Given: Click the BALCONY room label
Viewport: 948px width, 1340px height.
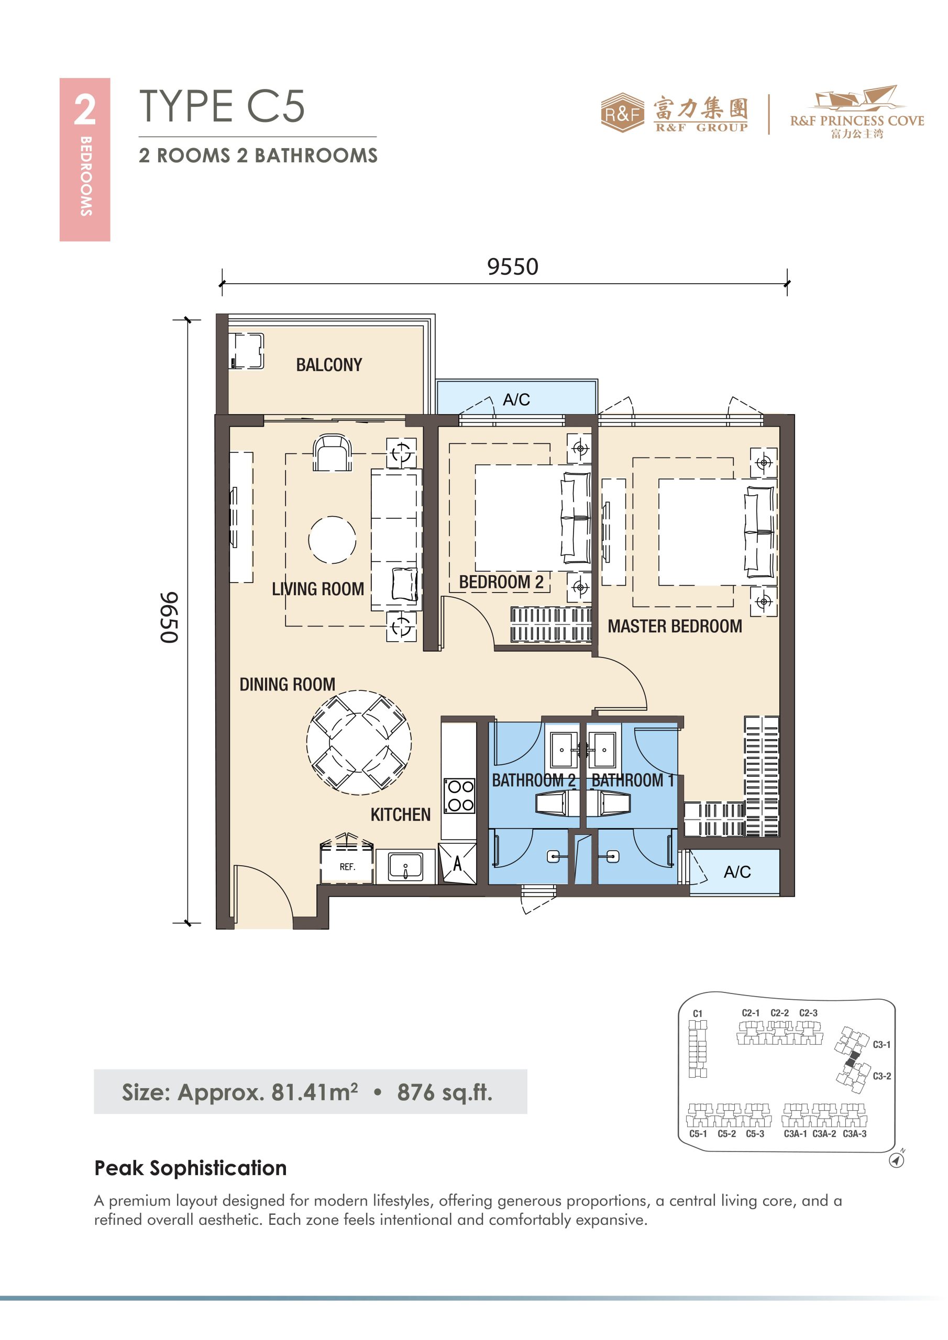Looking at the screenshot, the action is click(x=329, y=365).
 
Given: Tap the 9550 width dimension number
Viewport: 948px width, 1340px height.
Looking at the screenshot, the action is click(x=512, y=267).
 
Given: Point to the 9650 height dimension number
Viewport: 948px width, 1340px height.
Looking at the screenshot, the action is click(x=169, y=618).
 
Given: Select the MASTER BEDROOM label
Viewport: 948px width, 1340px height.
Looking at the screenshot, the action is click(x=675, y=626).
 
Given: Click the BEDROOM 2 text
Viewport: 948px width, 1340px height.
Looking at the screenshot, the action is click(x=501, y=582).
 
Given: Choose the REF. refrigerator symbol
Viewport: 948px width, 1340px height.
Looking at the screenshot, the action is click(x=347, y=862).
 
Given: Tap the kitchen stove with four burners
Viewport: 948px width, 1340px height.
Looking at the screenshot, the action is click(x=460, y=796).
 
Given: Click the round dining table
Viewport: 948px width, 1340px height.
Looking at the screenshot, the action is click(x=359, y=742).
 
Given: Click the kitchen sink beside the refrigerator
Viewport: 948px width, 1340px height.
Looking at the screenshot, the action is click(x=405, y=867).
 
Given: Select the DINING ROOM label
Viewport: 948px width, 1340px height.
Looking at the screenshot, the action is click(x=288, y=684).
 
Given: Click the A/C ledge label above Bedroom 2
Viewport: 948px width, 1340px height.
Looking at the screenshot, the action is click(x=516, y=400).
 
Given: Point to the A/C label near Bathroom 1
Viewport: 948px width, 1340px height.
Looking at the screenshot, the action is click(x=737, y=872).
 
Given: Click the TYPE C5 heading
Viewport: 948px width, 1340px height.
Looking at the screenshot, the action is click(x=222, y=106).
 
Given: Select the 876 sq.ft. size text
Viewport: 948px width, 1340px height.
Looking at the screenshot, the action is click(x=445, y=1092).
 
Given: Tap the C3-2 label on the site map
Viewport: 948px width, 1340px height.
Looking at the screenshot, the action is click(x=882, y=1076).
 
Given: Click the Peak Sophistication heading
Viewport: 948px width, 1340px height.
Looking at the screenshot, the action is click(x=191, y=1168).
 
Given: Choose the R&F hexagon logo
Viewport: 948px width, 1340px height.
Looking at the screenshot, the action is click(x=623, y=113).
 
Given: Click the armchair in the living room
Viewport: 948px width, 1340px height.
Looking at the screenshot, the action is click(x=333, y=453).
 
